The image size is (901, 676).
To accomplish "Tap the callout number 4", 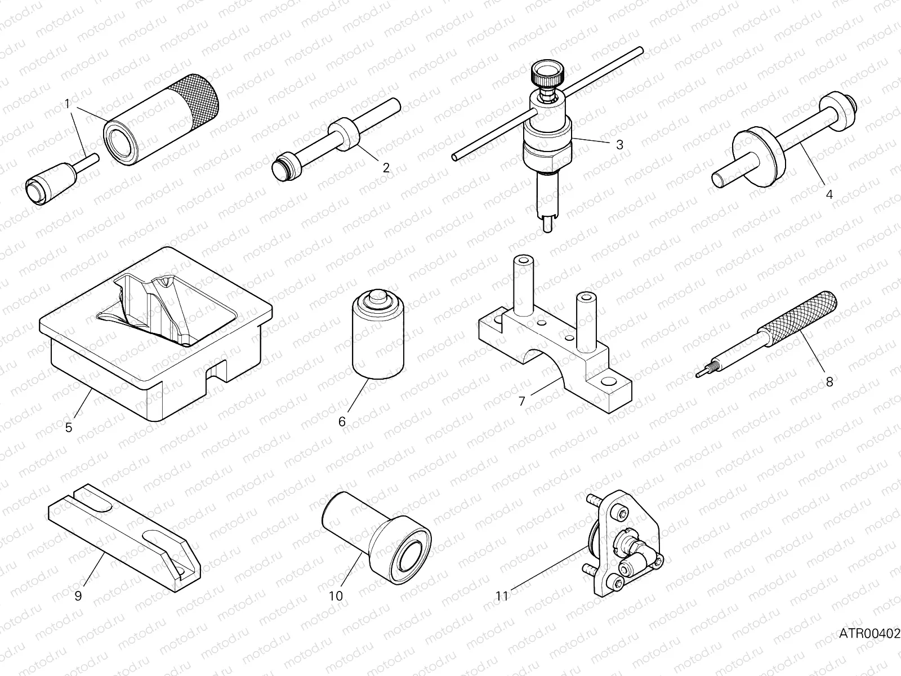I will (x=829, y=194).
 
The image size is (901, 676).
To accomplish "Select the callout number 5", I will (x=69, y=428).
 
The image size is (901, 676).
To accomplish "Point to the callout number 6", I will (x=342, y=421).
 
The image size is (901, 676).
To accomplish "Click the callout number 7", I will (x=521, y=401).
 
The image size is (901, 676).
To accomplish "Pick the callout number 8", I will (x=829, y=381).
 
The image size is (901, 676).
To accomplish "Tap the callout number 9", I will (x=78, y=595).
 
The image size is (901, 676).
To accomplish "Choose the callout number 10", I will (x=336, y=596).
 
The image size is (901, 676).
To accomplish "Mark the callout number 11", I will (x=502, y=595).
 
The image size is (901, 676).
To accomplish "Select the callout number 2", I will (x=386, y=167).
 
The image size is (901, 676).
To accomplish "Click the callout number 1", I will (x=67, y=104).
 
